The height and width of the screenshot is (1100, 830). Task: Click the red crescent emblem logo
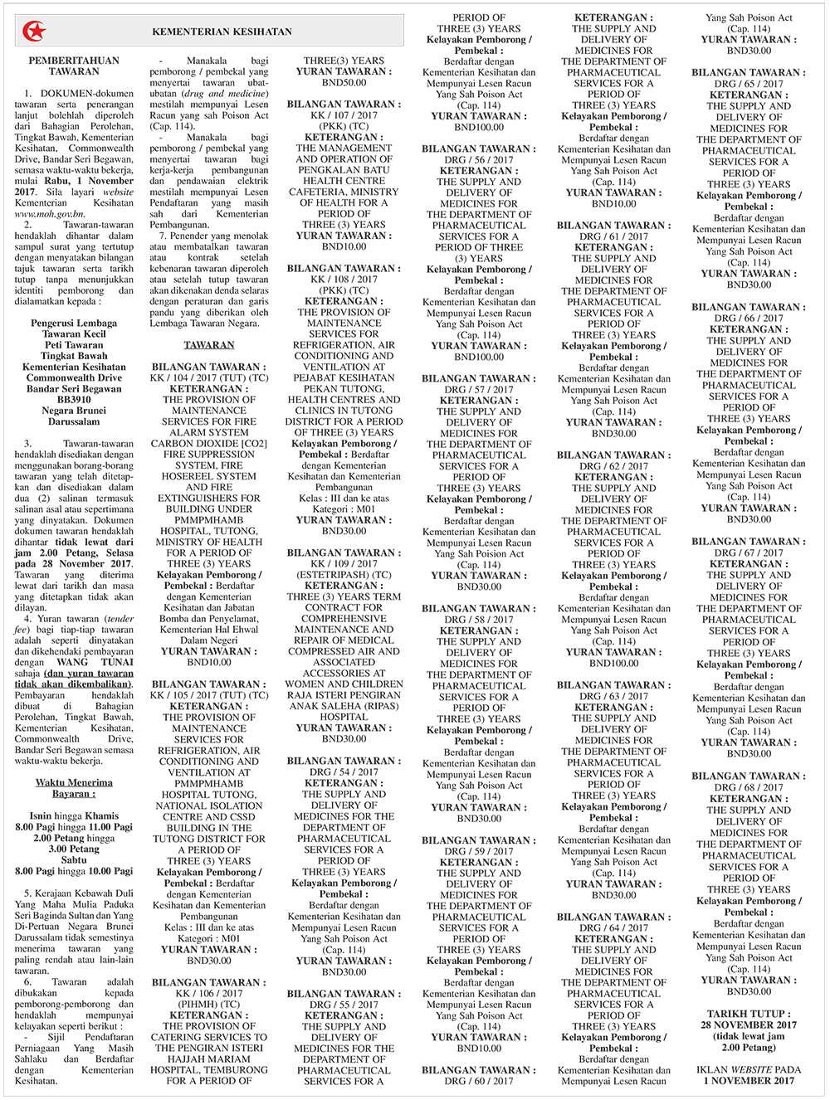[34, 32]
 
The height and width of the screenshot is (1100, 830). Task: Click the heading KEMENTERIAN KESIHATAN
[222, 32]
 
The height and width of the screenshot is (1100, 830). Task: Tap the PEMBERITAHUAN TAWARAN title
[74, 66]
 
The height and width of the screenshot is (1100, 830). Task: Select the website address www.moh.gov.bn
[48, 214]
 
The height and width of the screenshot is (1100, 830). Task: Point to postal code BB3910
[74, 399]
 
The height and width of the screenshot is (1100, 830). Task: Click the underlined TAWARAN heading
[209, 345]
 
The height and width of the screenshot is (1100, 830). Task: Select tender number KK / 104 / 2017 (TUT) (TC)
[209, 377]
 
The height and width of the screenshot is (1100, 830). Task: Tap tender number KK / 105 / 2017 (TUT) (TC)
[209, 695]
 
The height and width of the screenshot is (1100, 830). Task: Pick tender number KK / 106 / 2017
[209, 993]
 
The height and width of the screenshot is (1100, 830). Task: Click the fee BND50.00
[344, 83]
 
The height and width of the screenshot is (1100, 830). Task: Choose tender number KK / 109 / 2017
[344, 563]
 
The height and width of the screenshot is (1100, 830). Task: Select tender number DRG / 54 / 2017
[344, 771]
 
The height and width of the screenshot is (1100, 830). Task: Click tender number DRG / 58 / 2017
[479, 620]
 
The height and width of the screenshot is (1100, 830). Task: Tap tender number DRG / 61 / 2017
[613, 236]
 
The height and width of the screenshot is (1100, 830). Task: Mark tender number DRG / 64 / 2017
[613, 927]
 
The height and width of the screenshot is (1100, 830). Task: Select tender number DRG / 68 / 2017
[749, 787]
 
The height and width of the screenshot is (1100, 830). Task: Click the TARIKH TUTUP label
[749, 1014]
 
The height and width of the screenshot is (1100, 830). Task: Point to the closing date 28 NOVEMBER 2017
[749, 1025]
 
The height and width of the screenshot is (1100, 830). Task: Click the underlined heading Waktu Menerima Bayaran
[74, 788]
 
